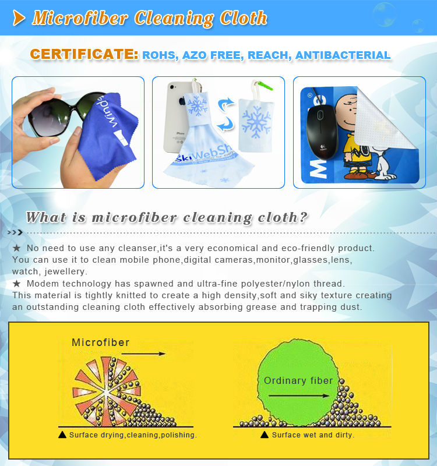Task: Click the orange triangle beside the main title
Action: (19, 18)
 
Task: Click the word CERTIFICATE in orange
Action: (84, 54)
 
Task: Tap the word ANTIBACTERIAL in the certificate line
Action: (343, 55)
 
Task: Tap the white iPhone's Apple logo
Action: (182, 101)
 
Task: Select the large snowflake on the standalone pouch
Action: (256, 122)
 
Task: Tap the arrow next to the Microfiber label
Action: (143, 354)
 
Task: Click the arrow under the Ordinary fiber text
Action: (299, 396)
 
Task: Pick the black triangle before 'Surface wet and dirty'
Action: (265, 435)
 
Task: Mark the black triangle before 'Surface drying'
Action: (62, 435)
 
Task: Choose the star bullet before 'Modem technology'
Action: (17, 284)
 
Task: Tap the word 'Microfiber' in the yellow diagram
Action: (101, 343)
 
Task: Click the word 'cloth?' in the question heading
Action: (283, 217)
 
